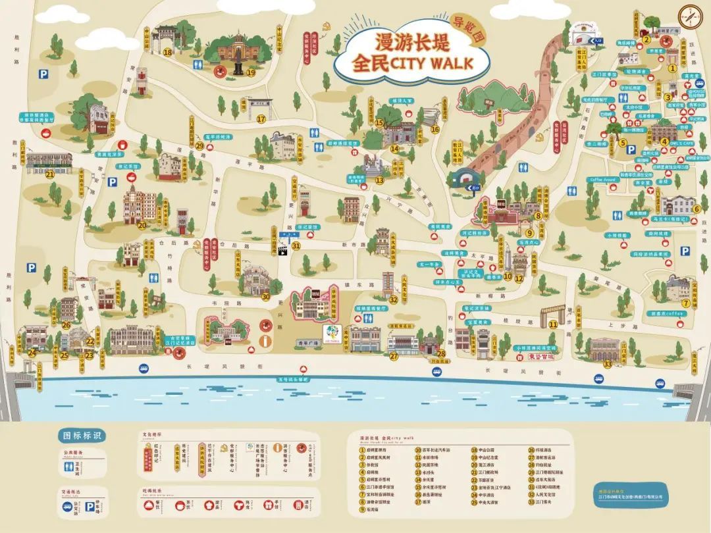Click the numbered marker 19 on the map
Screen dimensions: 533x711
coord(250,72)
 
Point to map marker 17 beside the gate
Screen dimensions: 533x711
coord(261,119)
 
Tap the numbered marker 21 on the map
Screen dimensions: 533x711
coord(50,174)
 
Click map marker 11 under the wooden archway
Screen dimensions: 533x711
coord(553,324)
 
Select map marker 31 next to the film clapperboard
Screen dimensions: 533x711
coord(296,246)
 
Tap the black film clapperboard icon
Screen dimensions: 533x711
coord(284,251)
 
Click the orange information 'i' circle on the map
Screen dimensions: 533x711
coord(266,341)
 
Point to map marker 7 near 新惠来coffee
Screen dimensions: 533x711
coord(685,303)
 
